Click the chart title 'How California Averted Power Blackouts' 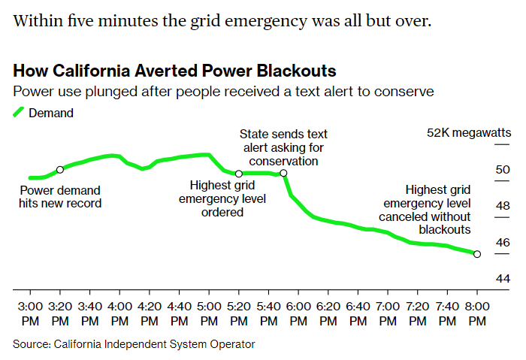tap(174, 71)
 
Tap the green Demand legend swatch tap(20, 113)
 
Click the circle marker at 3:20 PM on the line tap(60, 170)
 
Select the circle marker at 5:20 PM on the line tap(239, 174)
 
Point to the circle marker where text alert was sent tap(283, 174)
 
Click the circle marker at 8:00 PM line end tap(477, 254)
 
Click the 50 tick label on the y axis tap(482, 170)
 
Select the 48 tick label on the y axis tap(482, 206)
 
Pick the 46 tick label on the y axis tap(482, 242)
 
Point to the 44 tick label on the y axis tap(482, 279)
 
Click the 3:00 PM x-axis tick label tap(30, 313)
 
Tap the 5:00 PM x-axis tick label tap(209, 313)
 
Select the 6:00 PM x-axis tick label tap(298, 313)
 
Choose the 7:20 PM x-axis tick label tap(418, 313)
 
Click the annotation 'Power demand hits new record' tap(60, 197)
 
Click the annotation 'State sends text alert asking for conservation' tap(283, 147)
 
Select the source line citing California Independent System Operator tap(134, 344)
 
